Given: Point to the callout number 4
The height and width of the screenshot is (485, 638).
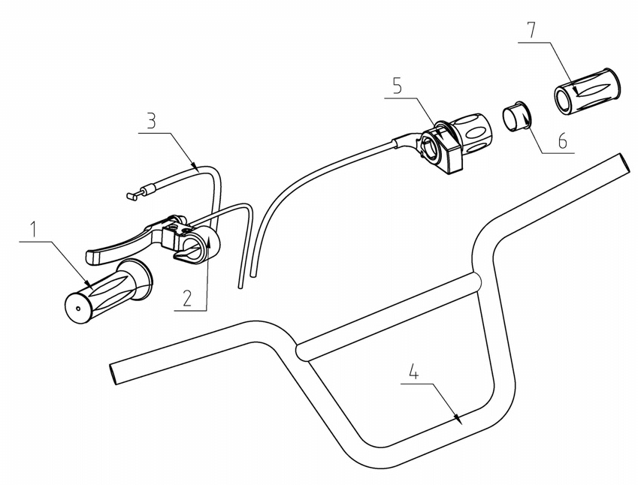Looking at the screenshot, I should click(412, 371).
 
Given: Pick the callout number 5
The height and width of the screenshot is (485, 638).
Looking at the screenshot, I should click(398, 85).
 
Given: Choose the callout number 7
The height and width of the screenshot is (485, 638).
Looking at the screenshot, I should click(531, 32).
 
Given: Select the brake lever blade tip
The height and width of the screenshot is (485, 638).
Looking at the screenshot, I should click(93, 258).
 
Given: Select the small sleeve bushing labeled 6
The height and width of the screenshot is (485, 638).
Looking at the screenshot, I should click(518, 119).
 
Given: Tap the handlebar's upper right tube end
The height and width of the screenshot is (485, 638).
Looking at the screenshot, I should click(623, 161).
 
